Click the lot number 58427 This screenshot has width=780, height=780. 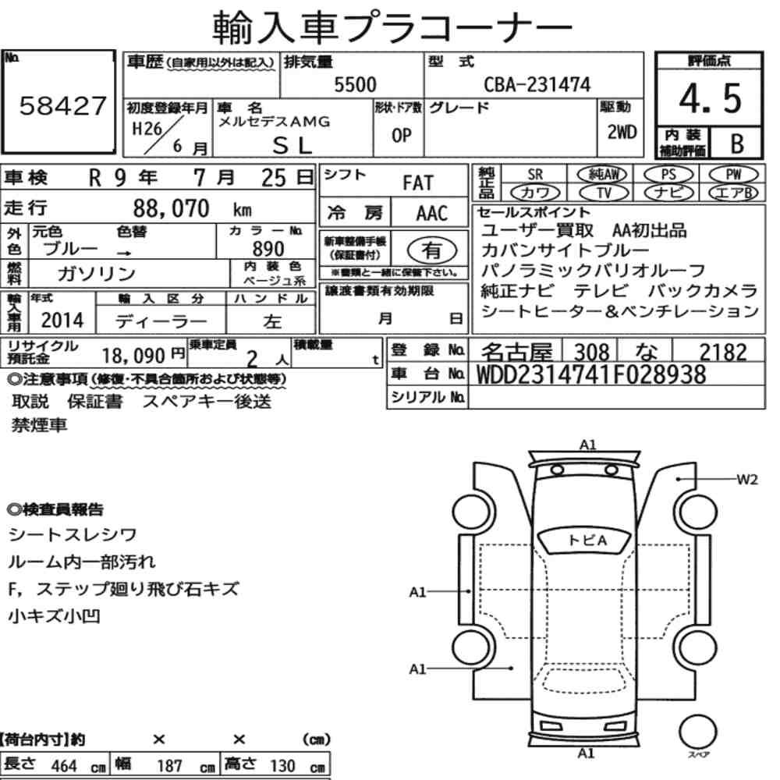click(62, 106)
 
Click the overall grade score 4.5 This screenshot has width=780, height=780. click(710, 98)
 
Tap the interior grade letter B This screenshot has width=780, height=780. click(737, 144)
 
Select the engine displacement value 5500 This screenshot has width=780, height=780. click(355, 84)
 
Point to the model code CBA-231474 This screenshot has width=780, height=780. click(537, 84)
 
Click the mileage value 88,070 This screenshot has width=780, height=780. click(171, 208)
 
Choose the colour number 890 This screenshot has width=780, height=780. click(268, 249)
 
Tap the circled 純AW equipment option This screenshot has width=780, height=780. click(602, 174)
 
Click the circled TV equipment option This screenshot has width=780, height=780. click(604, 193)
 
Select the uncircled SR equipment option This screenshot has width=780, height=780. click(535, 175)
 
